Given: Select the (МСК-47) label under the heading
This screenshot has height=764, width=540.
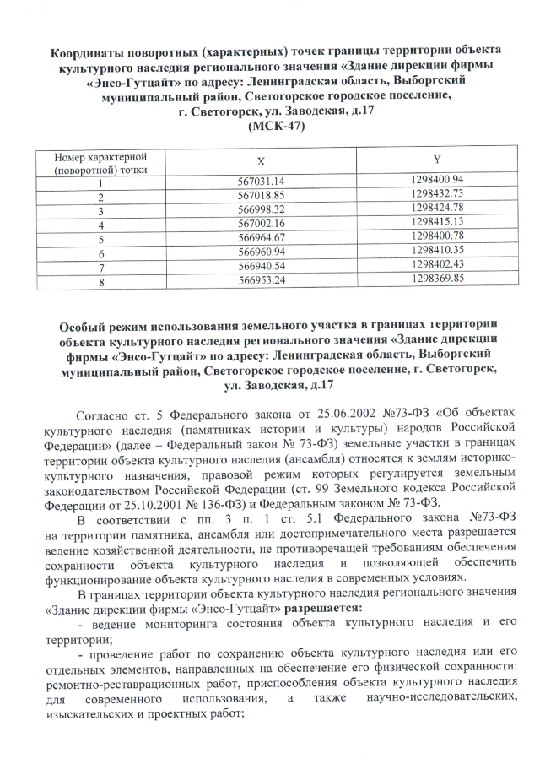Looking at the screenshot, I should click(270, 127).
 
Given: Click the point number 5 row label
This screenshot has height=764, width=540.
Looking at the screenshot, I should click(100, 240).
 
